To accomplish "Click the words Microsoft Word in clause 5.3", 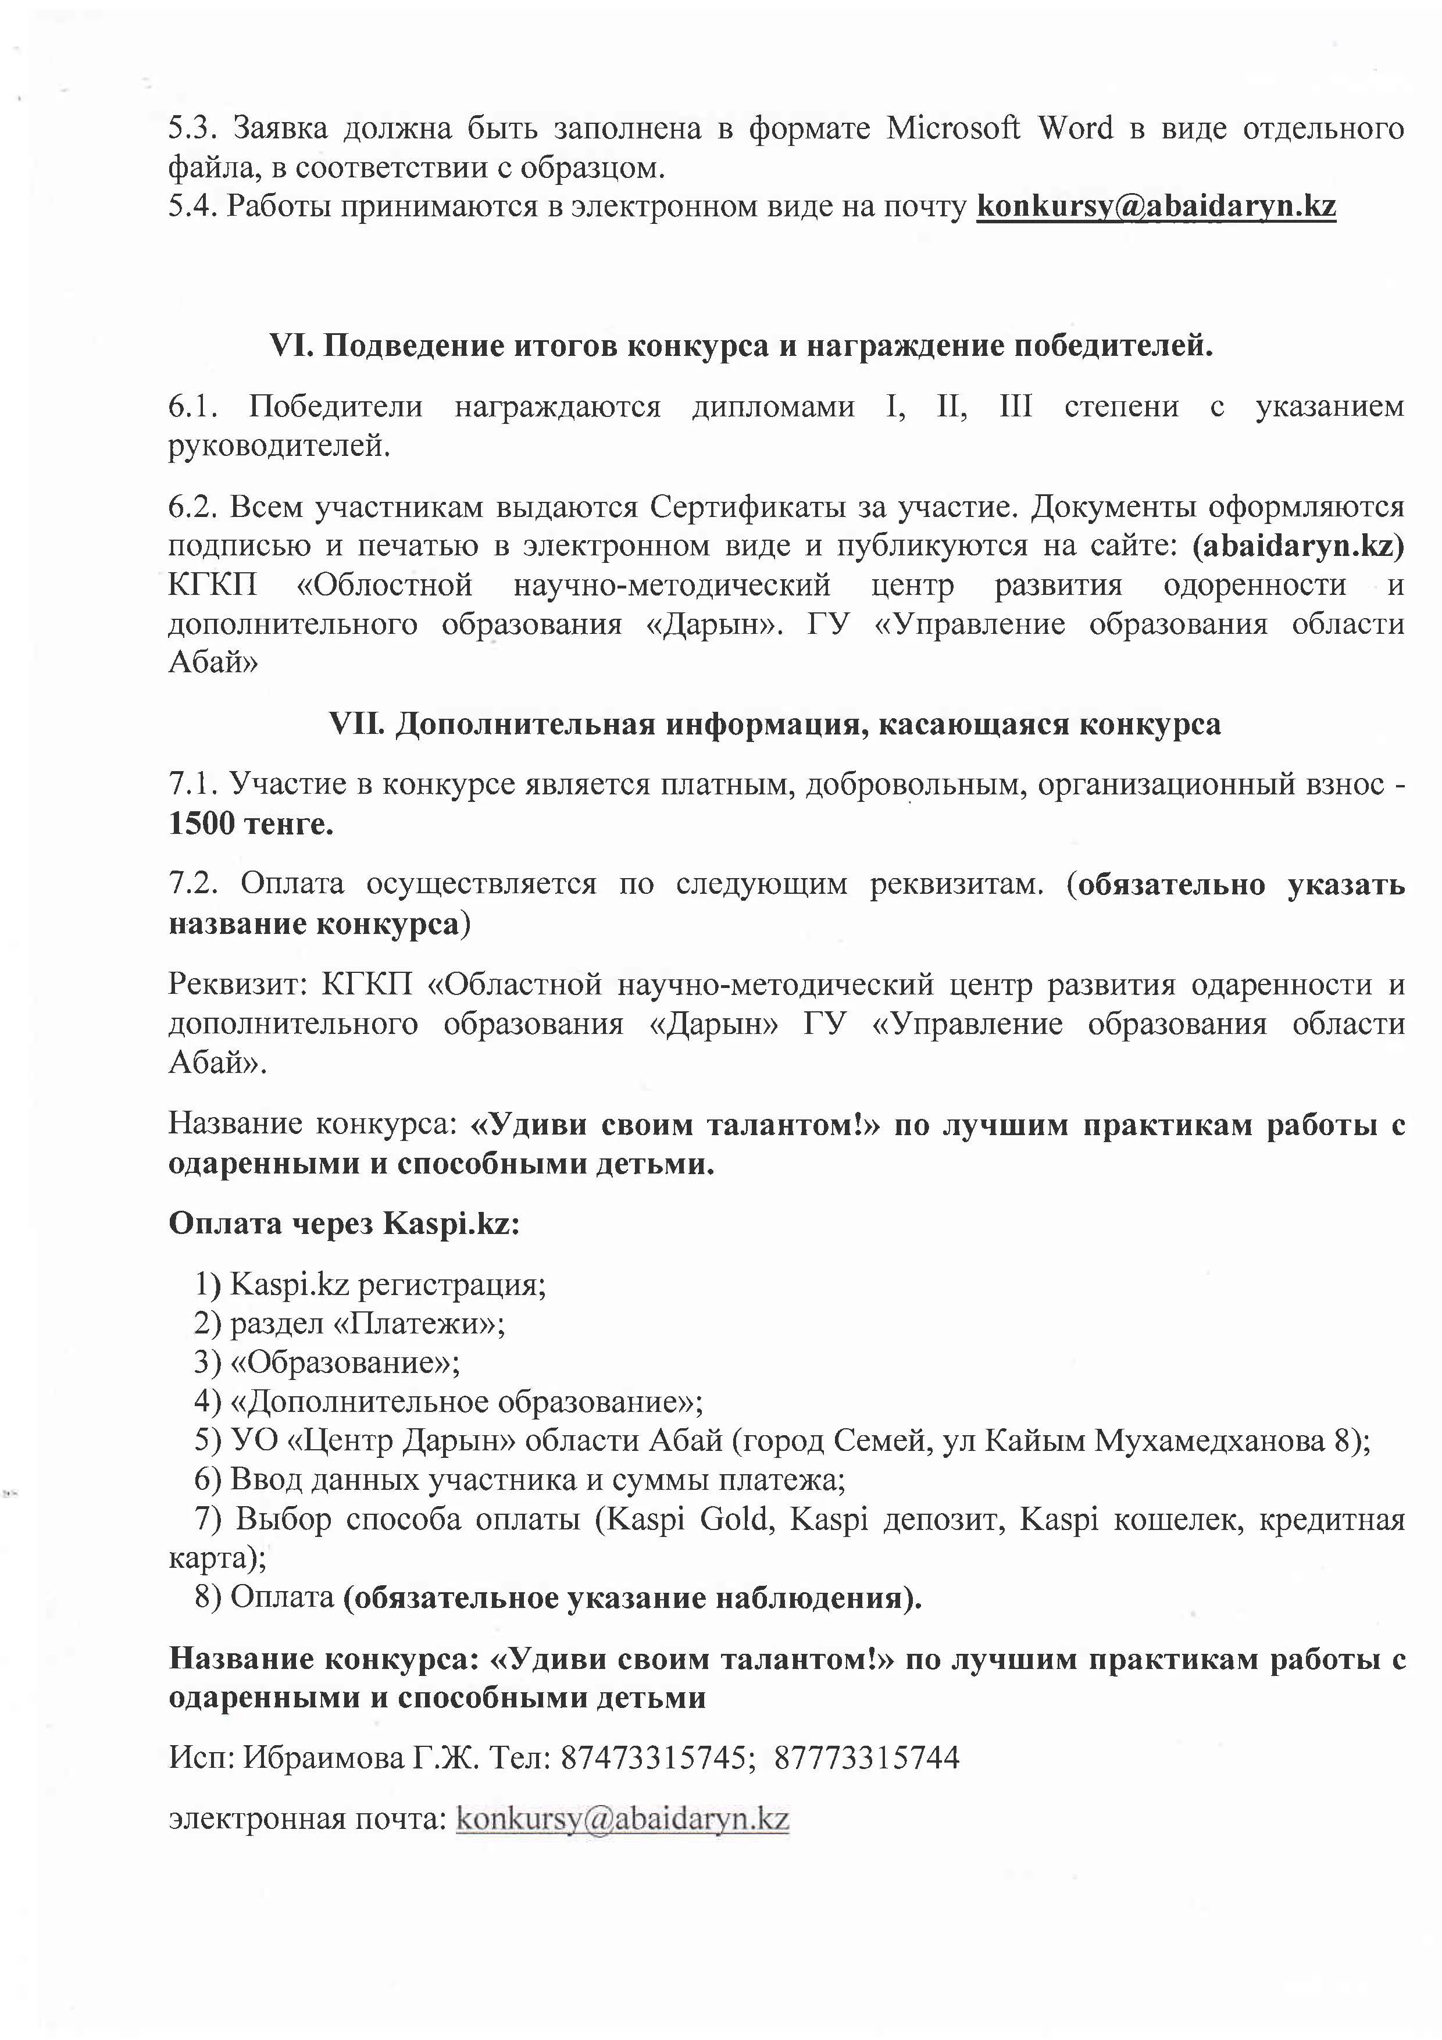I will coord(1000,129).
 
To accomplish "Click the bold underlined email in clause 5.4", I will coord(1156,206).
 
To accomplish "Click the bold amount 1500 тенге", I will coord(251,825).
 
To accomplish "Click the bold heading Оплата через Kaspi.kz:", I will coord(344,1224).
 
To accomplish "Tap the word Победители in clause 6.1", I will coord(336,407).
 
